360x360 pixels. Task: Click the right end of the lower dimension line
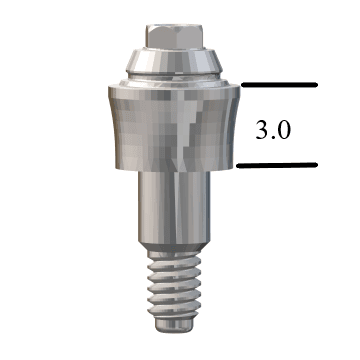point(316,166)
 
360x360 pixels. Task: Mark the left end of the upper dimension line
point(240,86)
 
